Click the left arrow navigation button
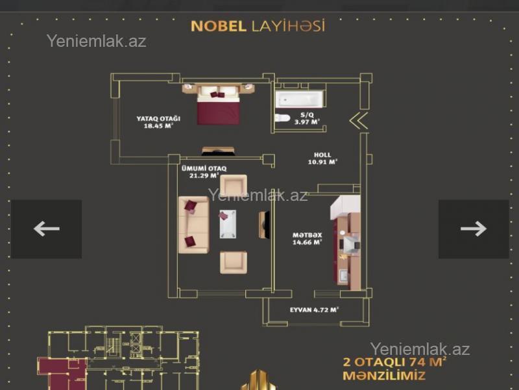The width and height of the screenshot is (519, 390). (x=46, y=229)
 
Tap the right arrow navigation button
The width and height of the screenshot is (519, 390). (x=474, y=229)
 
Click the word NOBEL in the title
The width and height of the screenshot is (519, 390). (x=219, y=26)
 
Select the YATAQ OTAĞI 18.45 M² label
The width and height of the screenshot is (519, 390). (x=158, y=122)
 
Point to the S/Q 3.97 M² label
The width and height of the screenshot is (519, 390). (x=307, y=118)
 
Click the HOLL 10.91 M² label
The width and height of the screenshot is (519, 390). (x=322, y=159)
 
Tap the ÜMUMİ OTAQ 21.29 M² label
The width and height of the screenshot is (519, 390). (x=204, y=172)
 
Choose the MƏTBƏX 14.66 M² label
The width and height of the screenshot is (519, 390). (x=307, y=239)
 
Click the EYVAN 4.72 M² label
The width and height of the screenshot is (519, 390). (x=314, y=310)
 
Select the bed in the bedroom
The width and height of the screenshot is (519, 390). (x=218, y=104)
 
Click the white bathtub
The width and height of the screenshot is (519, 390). (x=299, y=99)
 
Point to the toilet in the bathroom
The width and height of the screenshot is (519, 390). (x=282, y=118)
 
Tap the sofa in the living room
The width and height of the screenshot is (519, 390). (x=193, y=225)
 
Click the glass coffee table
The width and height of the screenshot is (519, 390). (x=228, y=224)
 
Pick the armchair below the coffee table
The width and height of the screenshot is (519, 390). (x=234, y=263)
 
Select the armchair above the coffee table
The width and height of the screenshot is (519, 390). (x=234, y=185)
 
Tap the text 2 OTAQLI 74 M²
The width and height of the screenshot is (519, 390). (x=394, y=361)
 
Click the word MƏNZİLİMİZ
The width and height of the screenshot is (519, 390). (x=384, y=376)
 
